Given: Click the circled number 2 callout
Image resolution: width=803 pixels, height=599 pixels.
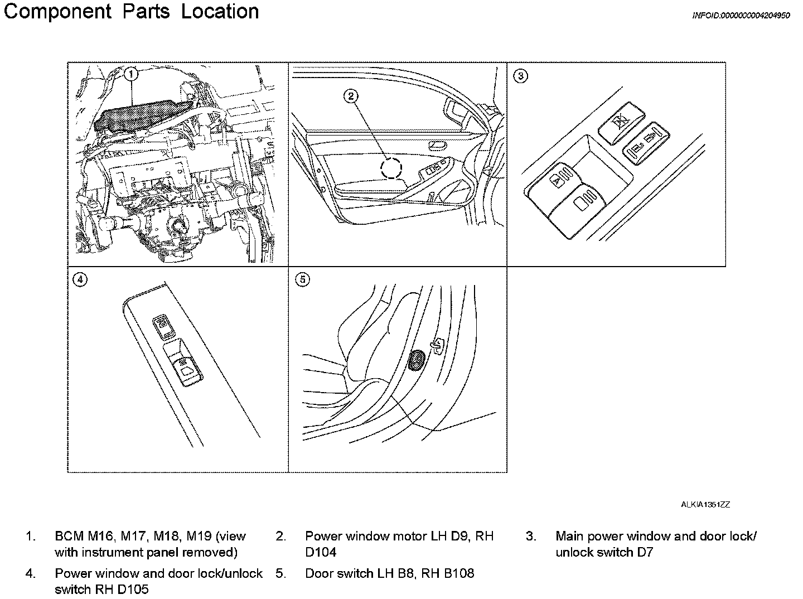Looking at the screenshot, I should click(351, 96).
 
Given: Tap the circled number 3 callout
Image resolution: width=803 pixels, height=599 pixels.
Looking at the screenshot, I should click(520, 76).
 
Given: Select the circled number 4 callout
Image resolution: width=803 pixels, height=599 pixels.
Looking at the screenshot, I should click(80, 280).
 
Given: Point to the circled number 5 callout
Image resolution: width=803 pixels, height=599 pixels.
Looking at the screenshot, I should click(302, 280).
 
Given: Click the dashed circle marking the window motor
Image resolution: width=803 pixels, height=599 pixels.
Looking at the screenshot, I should click(391, 167).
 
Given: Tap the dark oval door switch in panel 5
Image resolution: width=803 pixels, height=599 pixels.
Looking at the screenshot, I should click(416, 361).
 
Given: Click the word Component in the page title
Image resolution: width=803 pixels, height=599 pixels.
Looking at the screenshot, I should click(57, 12).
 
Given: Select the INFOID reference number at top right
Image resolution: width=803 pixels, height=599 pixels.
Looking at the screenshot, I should click(741, 16).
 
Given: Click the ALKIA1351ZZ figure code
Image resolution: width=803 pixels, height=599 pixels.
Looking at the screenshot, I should click(705, 505).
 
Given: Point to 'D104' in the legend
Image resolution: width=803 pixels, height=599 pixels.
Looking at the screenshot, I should click(321, 553).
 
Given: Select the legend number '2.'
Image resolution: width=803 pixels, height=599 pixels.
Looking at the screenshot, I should click(280, 537).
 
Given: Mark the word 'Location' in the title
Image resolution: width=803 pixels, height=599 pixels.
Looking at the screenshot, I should click(220, 12).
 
